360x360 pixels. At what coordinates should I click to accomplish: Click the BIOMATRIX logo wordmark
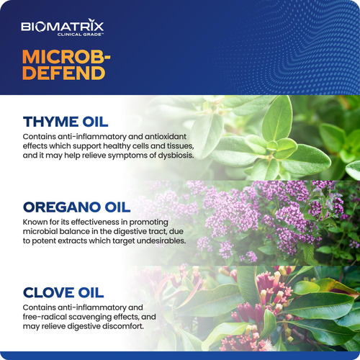pos(63,26)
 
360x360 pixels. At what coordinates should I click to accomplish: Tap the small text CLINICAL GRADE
pos(80,35)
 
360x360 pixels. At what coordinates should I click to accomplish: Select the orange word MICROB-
pos(66,57)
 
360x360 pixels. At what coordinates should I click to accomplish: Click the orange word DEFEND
pos(63,73)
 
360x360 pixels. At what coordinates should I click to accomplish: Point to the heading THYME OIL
pos(66,122)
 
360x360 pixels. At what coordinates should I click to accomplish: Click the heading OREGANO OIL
pos(76,207)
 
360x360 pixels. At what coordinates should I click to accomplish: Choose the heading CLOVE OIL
pos(63,292)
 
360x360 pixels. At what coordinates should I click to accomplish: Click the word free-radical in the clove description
pos(45,317)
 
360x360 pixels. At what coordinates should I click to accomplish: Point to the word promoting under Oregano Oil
pos(148,222)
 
